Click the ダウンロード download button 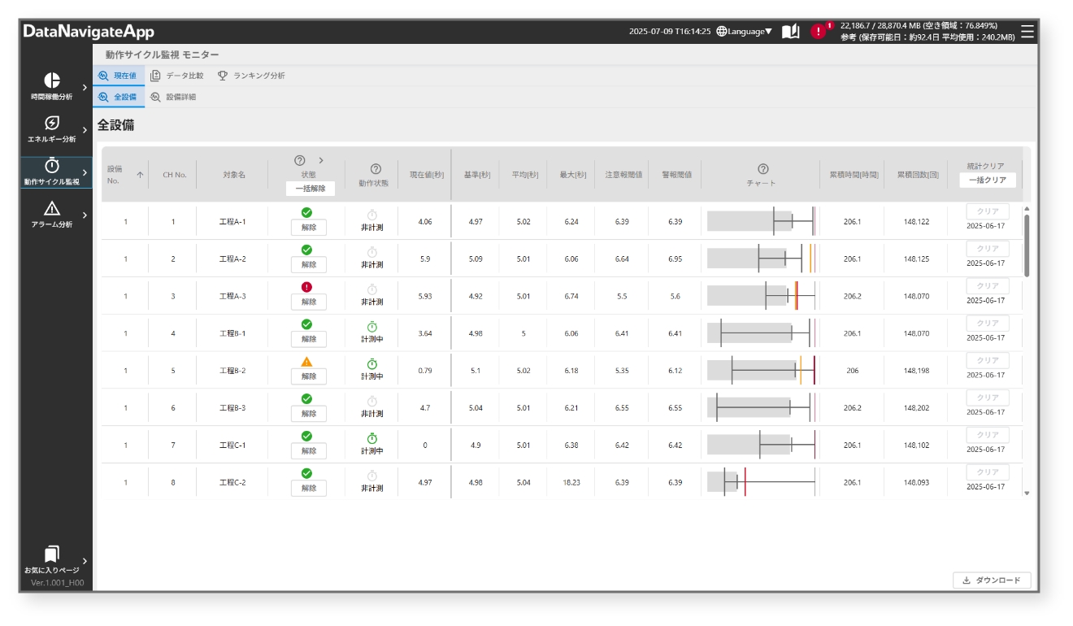point(992,580)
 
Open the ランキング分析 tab point(251,76)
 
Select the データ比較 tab point(177,76)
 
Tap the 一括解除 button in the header point(310,189)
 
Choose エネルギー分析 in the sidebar point(52,129)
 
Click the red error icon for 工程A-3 point(306,287)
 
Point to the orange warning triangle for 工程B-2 point(306,362)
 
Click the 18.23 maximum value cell point(571,482)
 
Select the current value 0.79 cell point(425,371)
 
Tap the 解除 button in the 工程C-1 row point(309,451)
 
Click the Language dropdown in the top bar point(745,32)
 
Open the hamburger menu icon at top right point(1027,32)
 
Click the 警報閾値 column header point(676,175)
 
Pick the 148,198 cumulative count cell point(916,371)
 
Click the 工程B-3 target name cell point(232,408)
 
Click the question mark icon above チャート point(762,168)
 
